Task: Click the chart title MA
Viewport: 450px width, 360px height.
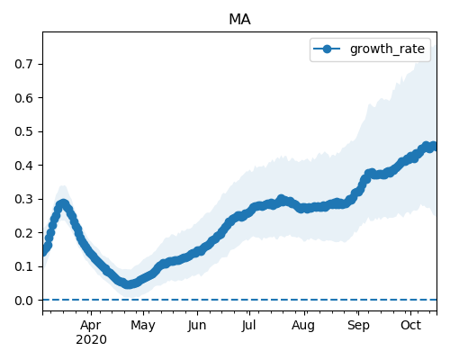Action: tap(239, 20)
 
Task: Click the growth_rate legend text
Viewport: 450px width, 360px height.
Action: tap(387, 49)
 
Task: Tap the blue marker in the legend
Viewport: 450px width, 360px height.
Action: tap(327, 49)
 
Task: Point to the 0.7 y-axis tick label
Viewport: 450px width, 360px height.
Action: tap(24, 64)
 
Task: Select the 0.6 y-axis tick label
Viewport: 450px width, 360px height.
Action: tap(24, 98)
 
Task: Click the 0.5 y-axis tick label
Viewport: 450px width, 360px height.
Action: tap(24, 131)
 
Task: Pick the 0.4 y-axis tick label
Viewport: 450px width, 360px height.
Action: tap(24, 166)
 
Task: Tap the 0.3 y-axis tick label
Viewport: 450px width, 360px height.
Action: tap(24, 199)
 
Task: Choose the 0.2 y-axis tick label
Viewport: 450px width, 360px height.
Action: tap(24, 233)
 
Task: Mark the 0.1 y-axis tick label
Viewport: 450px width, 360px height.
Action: tap(24, 266)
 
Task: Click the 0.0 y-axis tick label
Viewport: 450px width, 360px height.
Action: tap(24, 301)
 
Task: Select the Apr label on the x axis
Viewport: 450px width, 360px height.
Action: tap(91, 326)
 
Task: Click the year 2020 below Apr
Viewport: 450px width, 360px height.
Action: tap(91, 340)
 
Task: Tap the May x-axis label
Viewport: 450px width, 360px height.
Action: tap(143, 326)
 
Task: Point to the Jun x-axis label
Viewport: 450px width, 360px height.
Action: tap(197, 326)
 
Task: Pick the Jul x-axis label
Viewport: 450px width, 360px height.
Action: tap(249, 326)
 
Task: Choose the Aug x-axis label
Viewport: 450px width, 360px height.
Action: tap(303, 326)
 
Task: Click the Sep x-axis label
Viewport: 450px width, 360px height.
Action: tap(358, 326)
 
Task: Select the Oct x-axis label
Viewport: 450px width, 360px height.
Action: tap(411, 326)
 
